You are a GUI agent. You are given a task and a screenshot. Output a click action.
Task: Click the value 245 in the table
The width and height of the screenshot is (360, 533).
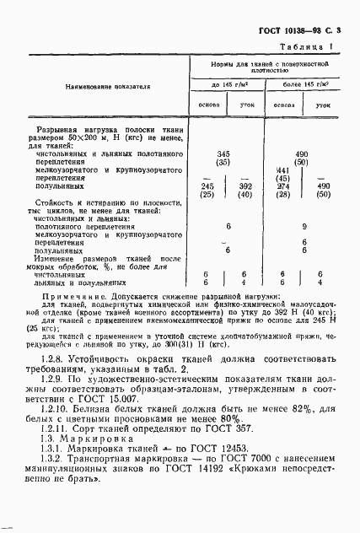pos(207,186)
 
